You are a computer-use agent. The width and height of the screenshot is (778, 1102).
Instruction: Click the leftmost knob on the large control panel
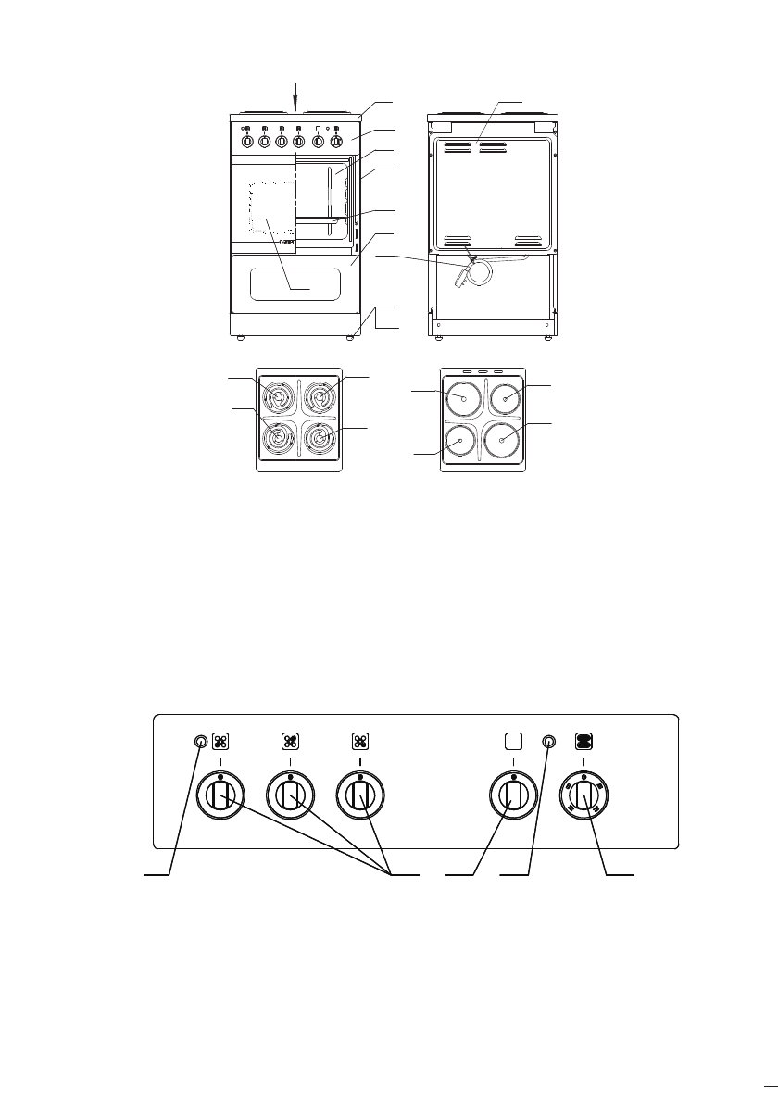(x=220, y=795)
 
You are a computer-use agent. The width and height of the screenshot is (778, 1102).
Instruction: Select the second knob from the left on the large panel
(x=290, y=795)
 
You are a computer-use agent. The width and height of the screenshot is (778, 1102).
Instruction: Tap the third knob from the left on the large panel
(x=360, y=795)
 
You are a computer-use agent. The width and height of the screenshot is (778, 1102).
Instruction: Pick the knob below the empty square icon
(x=513, y=795)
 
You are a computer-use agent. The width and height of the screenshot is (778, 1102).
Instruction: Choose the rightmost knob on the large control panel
(x=583, y=795)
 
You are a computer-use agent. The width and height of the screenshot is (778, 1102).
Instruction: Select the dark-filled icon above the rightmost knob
(x=584, y=741)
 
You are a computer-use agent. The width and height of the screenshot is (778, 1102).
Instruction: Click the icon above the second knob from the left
(x=290, y=741)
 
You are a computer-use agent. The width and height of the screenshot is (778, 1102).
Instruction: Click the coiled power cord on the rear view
(x=479, y=272)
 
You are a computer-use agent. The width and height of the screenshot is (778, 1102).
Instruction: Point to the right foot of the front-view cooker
(x=350, y=339)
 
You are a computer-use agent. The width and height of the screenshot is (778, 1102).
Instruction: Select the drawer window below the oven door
(x=294, y=285)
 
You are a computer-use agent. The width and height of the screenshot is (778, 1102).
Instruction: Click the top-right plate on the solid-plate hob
(x=505, y=399)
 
